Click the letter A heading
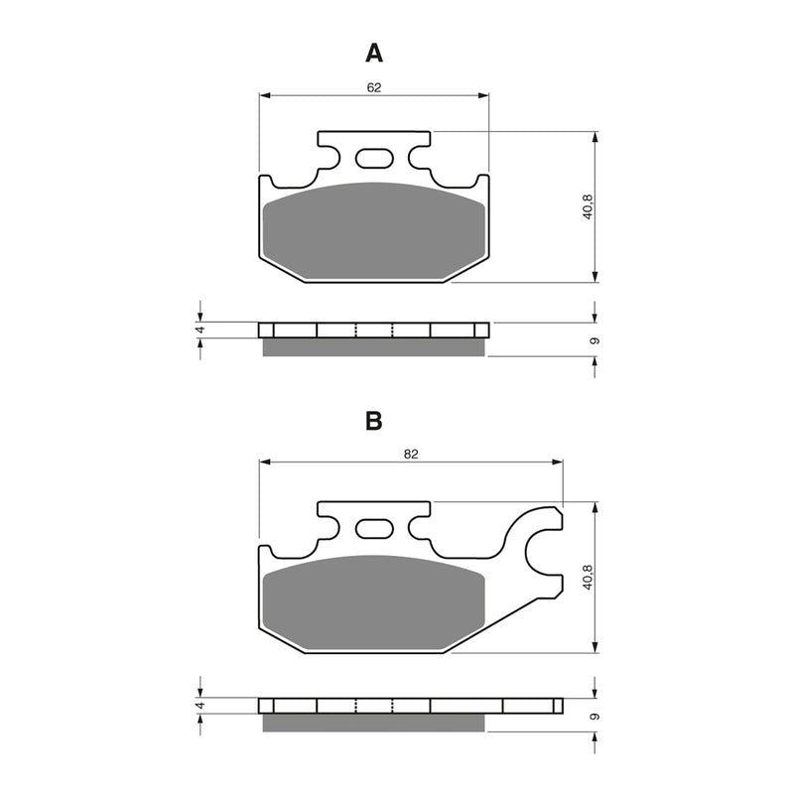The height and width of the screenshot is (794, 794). coord(373,52)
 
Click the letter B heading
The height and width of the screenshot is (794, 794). coord(373,421)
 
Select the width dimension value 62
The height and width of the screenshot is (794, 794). coord(374,87)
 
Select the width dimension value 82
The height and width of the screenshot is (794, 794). coord(411,454)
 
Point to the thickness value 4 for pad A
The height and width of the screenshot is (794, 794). coord(199,330)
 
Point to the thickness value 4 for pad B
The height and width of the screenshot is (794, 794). coord(199,706)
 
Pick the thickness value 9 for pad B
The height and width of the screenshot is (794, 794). coord(594,716)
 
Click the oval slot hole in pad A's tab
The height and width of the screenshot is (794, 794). coord(374,158)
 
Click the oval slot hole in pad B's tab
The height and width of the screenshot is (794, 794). coord(374,528)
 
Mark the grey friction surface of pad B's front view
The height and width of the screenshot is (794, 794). coord(374,600)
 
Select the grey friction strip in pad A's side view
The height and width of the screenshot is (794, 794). coord(374,346)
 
